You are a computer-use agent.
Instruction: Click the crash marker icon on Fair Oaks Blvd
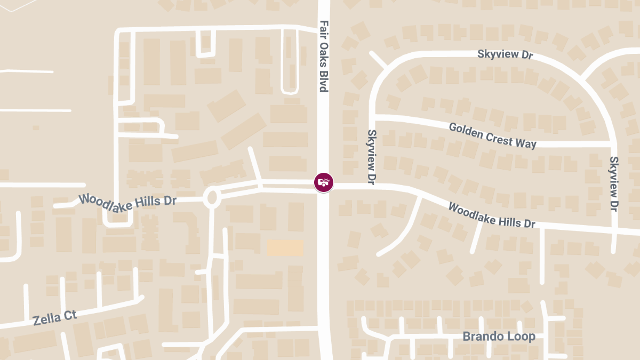(323, 182)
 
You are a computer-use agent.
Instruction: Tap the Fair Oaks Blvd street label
(324, 56)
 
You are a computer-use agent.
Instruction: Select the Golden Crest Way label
(492, 135)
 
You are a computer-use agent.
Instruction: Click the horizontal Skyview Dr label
(505, 54)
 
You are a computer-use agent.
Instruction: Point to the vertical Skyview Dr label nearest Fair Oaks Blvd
(372, 157)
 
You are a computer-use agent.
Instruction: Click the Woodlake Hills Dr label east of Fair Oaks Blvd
(491, 215)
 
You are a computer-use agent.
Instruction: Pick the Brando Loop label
(499, 337)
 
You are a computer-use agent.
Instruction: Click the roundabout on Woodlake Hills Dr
(212, 198)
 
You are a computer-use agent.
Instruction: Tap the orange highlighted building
(285, 247)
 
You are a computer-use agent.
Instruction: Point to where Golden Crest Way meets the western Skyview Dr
(373, 116)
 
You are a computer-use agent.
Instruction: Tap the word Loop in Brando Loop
(522, 337)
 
